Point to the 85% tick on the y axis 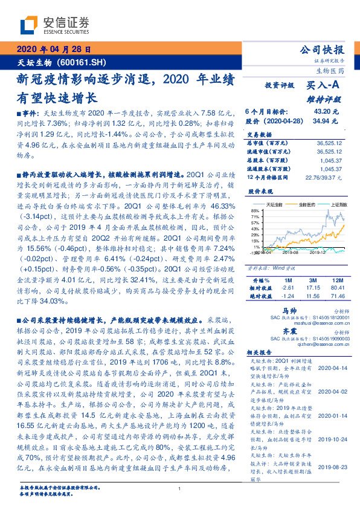[x=256, y=228]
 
